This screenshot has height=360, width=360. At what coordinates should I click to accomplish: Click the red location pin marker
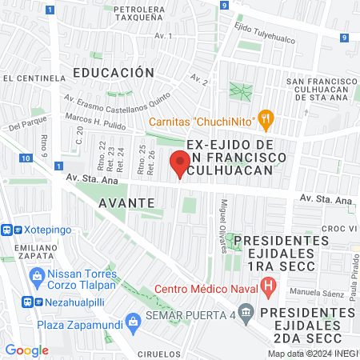tap(179, 165)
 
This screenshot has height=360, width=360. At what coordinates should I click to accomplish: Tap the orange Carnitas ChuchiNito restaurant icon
tap(266, 121)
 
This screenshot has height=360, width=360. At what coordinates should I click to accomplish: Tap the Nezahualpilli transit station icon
tap(29, 302)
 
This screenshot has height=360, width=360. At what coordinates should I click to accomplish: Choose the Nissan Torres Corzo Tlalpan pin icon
tap(35, 275)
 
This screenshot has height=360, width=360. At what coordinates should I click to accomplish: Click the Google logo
tap(26, 350)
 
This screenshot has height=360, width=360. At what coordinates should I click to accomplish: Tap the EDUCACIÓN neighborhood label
tap(113, 72)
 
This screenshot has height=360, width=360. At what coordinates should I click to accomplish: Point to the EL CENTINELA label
tap(34, 78)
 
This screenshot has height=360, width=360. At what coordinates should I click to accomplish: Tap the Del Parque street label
tap(25, 127)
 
